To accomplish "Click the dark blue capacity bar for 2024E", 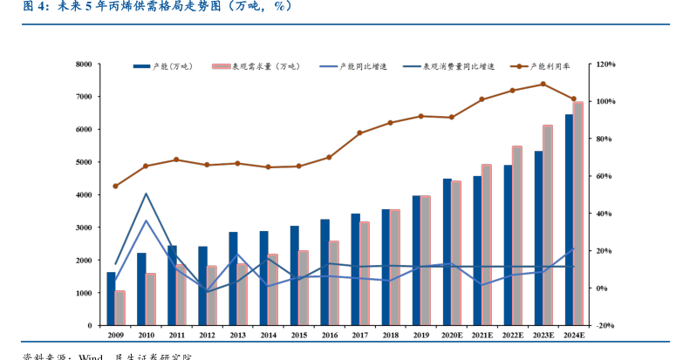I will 570,220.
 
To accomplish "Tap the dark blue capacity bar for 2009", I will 111,298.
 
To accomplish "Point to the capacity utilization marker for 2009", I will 115,186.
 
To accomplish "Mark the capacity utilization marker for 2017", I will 359,133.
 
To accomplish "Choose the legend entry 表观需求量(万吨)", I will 264,66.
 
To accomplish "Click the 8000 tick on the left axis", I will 84,64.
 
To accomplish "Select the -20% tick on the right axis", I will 604,325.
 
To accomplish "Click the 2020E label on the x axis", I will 452,335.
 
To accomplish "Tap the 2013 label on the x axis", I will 237,335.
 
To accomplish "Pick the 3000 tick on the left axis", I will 84,228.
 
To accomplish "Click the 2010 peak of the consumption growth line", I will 146,194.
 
